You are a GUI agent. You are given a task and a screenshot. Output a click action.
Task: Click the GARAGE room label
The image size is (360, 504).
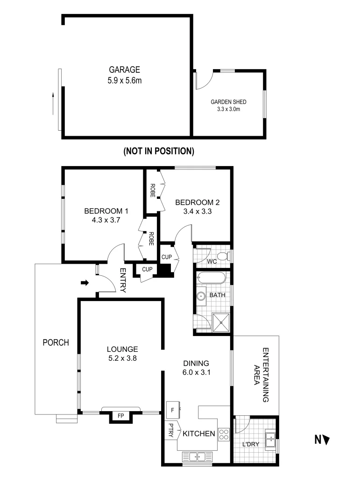[x=125, y=70]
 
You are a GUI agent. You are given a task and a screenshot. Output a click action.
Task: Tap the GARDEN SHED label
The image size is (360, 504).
[x=228, y=102]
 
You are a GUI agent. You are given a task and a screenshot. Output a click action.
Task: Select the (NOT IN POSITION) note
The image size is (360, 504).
[x=159, y=151]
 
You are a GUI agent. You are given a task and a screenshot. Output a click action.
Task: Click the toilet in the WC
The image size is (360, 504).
[x=223, y=256]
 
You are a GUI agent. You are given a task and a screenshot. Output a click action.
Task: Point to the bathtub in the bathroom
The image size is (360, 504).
[x=212, y=279]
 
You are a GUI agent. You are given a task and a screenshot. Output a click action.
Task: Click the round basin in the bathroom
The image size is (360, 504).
[x=202, y=295]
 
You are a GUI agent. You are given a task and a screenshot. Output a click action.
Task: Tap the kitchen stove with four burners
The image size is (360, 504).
[x=224, y=434]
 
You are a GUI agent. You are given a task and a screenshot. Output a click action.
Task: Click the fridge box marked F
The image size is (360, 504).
[x=173, y=410]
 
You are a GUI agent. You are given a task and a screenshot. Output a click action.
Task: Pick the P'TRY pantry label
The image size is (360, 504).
[x=170, y=430]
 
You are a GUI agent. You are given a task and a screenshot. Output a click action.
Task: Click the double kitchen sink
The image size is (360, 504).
[x=197, y=457]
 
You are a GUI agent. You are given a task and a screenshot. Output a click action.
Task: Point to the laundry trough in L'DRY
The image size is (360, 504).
[x=270, y=439]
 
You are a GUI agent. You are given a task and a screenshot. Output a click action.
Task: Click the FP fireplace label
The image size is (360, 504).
[x=120, y=415]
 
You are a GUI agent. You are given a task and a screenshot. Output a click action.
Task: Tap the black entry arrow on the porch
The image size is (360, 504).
[x=85, y=282]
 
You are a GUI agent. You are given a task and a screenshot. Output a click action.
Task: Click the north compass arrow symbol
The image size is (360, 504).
[x=326, y=439]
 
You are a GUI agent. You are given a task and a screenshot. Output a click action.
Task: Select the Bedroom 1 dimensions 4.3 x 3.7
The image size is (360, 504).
[x=106, y=220]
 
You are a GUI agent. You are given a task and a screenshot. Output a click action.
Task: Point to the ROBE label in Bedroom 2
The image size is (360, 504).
[x=152, y=190]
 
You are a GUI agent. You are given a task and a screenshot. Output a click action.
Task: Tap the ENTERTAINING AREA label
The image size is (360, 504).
[x=261, y=375]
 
